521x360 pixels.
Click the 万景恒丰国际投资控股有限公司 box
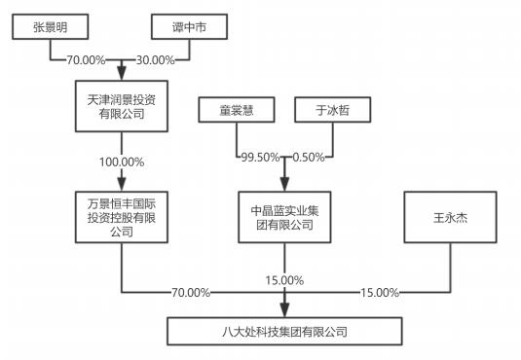[x=121, y=215]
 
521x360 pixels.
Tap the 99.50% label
[x=252, y=156]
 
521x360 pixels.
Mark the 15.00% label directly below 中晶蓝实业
[x=284, y=280]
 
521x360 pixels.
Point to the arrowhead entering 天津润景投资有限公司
[x=121, y=74]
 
